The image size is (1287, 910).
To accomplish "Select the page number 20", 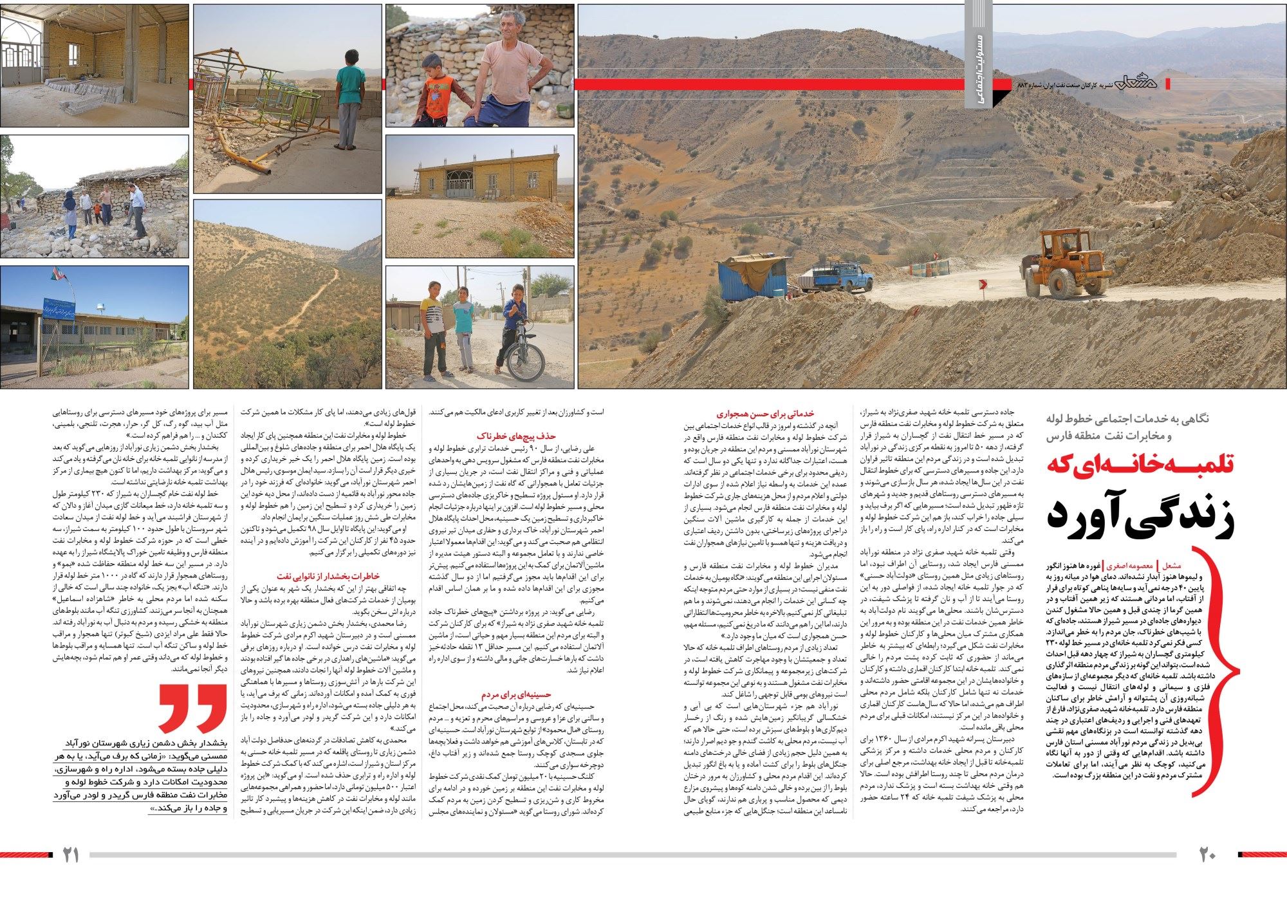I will pos(1207,855).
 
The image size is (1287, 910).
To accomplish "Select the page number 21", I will pos(70,855).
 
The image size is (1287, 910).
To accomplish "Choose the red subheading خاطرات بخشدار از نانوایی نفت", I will pos(328,576).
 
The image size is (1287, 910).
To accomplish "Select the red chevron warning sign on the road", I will pos(982,284).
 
